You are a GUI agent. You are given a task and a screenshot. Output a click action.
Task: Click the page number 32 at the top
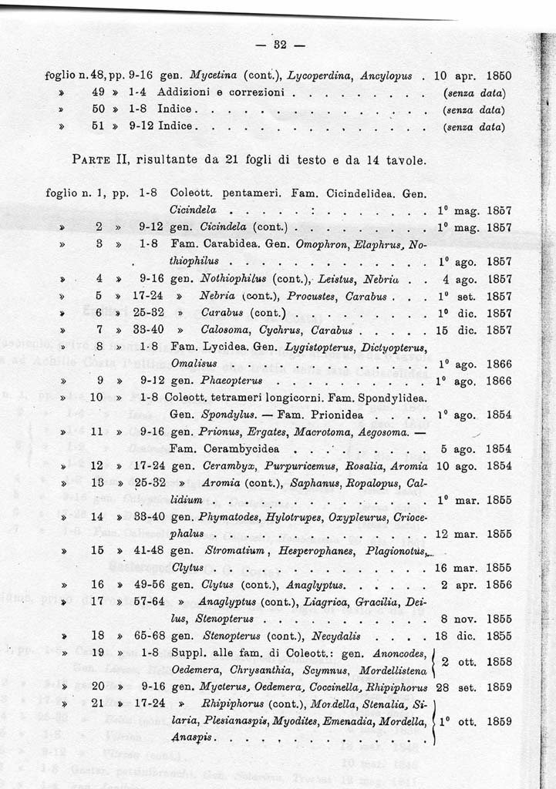(x=279, y=45)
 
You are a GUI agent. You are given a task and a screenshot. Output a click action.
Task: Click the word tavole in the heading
(x=402, y=160)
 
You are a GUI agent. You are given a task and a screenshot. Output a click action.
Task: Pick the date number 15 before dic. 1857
(x=441, y=330)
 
